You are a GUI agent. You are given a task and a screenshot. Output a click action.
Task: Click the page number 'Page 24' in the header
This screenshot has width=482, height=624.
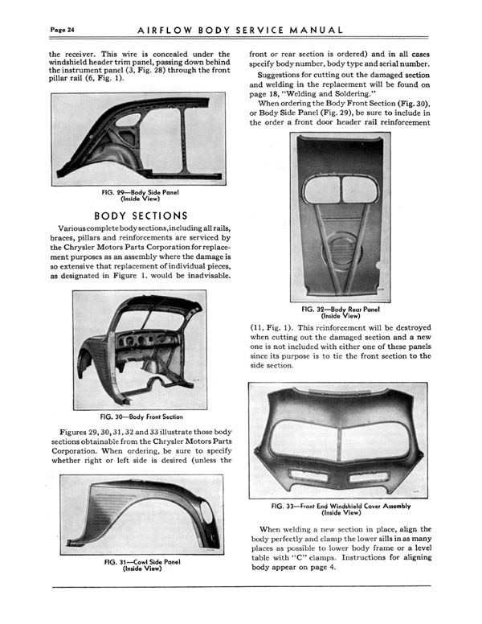tap(63, 30)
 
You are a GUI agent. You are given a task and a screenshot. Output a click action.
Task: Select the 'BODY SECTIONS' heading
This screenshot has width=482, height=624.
tap(141, 216)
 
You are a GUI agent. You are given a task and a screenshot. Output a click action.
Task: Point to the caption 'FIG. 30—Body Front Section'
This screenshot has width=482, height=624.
tap(141, 417)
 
